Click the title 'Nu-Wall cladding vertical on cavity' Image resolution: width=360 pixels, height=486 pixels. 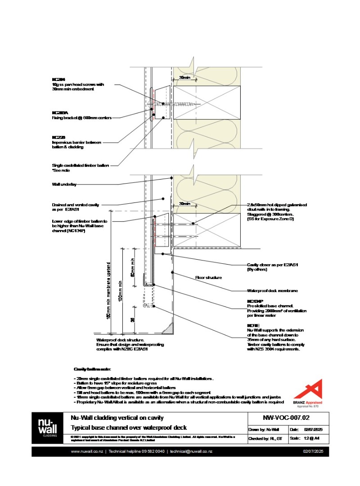click(117, 418)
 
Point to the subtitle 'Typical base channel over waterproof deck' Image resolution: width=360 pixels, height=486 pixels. click(128, 427)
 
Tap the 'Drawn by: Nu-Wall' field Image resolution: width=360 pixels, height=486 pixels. click(264, 429)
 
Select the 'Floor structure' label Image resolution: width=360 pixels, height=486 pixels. click(208, 278)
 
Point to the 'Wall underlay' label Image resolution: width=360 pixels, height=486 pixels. click(64, 184)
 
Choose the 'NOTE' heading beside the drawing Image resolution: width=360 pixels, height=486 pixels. click(253, 325)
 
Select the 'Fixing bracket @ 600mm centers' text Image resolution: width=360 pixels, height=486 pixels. click(81, 118)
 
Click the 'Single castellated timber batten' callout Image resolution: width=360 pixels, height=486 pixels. click(80, 165)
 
